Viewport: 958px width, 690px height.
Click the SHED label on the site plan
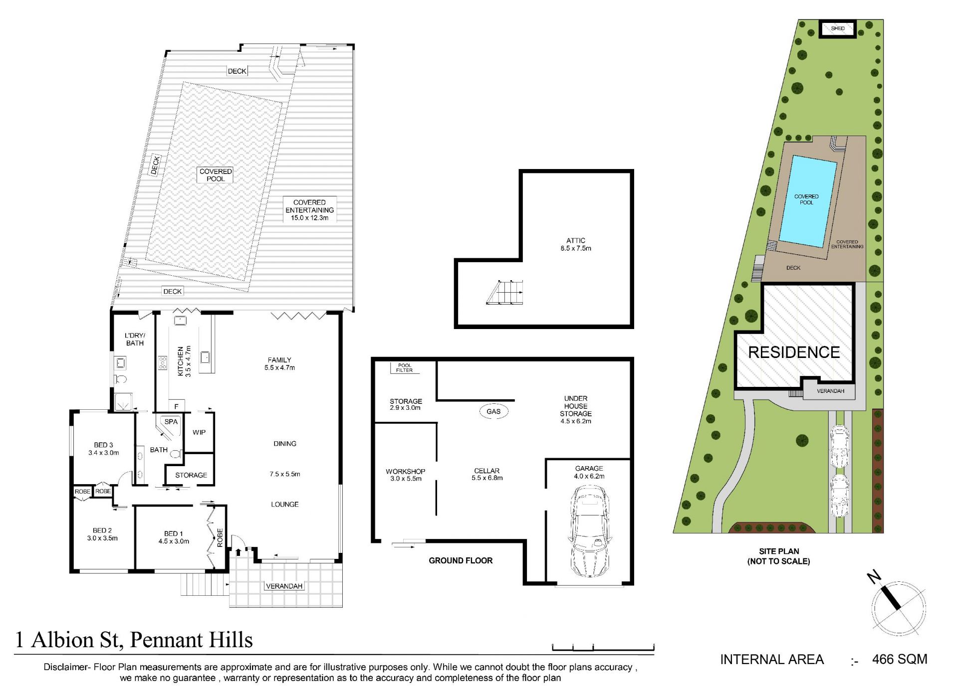coord(838,28)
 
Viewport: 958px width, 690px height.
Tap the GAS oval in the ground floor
coord(493,411)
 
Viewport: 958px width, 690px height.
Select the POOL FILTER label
coord(405,368)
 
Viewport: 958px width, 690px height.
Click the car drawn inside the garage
coord(589,531)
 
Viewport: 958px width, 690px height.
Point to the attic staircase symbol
coord(505,292)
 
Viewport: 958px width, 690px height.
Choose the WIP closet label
coord(199,432)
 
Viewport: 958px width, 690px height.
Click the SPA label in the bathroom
coord(171,421)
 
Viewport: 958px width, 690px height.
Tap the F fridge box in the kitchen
coord(176,406)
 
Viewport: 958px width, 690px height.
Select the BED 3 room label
coord(104,449)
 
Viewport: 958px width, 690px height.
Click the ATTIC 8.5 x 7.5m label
coord(576,244)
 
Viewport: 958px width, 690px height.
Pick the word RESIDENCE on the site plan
coord(794,352)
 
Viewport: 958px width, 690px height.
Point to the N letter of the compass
coord(874,577)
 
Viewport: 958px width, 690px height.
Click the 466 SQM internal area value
coord(900,659)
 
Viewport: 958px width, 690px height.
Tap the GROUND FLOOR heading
coord(461,560)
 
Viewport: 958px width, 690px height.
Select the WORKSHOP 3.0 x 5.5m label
coord(406,475)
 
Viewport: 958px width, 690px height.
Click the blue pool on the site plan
coord(808,201)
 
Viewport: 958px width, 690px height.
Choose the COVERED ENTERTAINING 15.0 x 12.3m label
coord(309,210)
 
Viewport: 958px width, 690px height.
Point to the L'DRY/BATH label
coord(135,339)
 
